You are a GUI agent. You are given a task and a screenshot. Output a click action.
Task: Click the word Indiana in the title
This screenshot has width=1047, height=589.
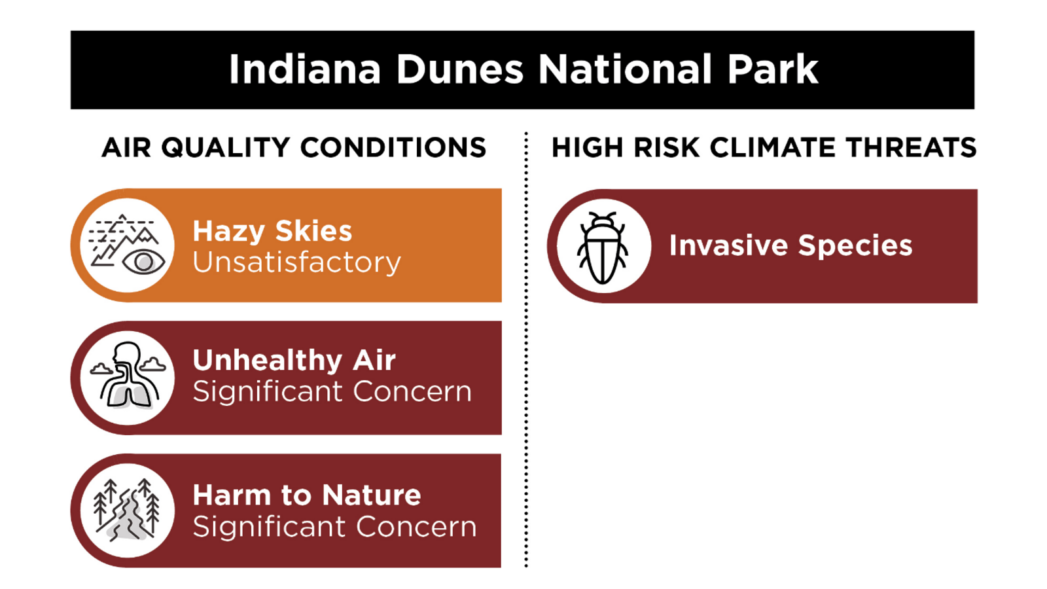pos(305,69)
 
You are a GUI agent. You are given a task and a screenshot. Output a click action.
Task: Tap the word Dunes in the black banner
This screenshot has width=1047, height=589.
pos(460,69)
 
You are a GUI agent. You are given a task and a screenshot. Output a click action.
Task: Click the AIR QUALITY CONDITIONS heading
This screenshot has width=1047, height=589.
pos(294,148)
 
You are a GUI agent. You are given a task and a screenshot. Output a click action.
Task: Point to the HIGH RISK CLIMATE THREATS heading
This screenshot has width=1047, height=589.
pos(764,148)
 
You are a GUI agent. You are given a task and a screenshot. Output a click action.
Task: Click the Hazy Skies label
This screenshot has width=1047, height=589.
pos(272,232)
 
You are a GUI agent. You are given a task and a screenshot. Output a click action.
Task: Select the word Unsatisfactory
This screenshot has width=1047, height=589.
pos(297,262)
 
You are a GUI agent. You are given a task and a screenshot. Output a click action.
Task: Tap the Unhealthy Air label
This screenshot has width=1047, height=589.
pos(294,361)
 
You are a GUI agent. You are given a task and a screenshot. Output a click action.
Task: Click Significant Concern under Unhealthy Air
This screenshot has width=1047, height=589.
pos(332,392)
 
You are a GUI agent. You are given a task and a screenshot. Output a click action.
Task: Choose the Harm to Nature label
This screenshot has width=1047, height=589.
pos(307,495)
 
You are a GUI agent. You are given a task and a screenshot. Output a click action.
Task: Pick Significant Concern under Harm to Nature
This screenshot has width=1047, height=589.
pos(334,527)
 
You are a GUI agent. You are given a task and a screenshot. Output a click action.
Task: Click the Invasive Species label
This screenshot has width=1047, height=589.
pos(791,245)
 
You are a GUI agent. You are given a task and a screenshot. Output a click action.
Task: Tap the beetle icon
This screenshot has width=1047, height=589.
pos(603,248)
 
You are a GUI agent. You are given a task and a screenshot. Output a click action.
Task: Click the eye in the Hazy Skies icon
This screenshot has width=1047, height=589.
pos(143,262)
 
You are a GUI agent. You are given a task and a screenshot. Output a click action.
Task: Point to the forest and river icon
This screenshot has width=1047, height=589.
pos(127,510)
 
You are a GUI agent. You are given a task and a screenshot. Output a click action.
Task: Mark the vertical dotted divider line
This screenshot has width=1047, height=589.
pos(526,349)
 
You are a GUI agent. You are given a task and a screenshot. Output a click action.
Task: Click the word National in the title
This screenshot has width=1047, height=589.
pos(625,69)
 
